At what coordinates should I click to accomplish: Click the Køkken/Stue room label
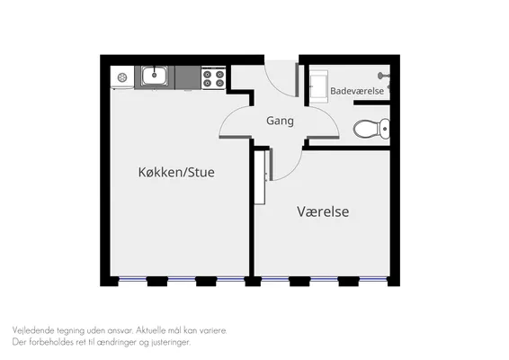click(x=176, y=172)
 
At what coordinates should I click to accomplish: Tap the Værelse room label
click(x=323, y=211)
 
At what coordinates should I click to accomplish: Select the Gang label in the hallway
click(x=280, y=121)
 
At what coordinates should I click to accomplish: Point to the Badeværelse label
click(x=357, y=91)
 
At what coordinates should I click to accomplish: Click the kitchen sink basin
click(x=154, y=76)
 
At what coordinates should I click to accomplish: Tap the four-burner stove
click(x=213, y=77)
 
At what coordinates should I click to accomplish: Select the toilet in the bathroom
click(x=371, y=129)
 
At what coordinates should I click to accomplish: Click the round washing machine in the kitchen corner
click(x=122, y=77)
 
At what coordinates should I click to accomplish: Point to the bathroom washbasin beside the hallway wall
click(x=318, y=86)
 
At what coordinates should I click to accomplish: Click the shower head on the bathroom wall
click(x=383, y=76)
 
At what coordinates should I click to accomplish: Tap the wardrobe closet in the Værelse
click(x=260, y=177)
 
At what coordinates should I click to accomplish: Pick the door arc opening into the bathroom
click(x=329, y=116)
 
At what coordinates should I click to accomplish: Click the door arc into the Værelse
click(x=293, y=170)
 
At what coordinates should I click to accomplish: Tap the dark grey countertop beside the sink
click(x=188, y=77)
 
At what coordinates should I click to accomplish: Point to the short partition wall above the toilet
click(x=371, y=103)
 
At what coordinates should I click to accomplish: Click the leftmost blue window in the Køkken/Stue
click(x=132, y=278)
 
